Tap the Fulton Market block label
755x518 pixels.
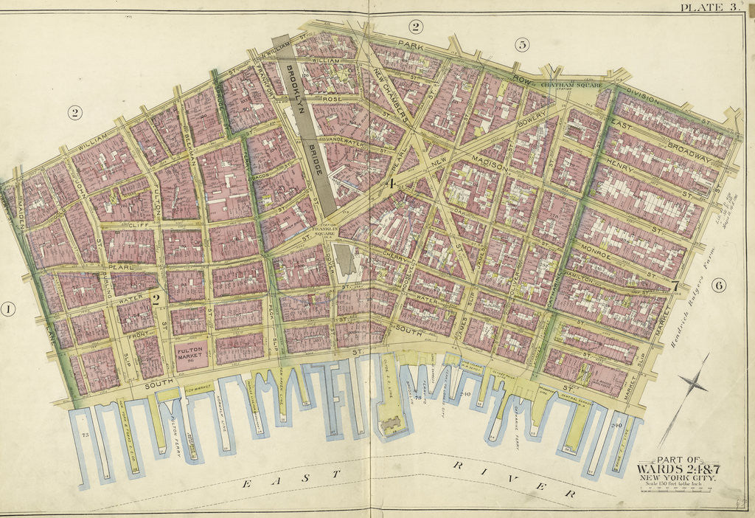[x=191, y=356]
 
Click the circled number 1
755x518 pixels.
[x=9, y=309]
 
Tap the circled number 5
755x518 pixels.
[x=522, y=45]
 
